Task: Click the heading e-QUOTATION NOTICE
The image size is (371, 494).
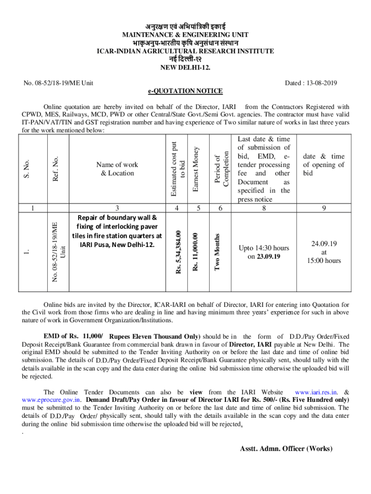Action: [185, 91]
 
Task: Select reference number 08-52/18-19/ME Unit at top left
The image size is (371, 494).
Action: [58, 83]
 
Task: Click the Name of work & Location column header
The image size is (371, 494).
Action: [117, 169]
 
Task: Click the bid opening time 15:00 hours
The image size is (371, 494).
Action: [323, 261]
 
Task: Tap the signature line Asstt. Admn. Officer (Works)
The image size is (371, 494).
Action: [286, 449]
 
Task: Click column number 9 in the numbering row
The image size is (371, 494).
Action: [324, 208]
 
